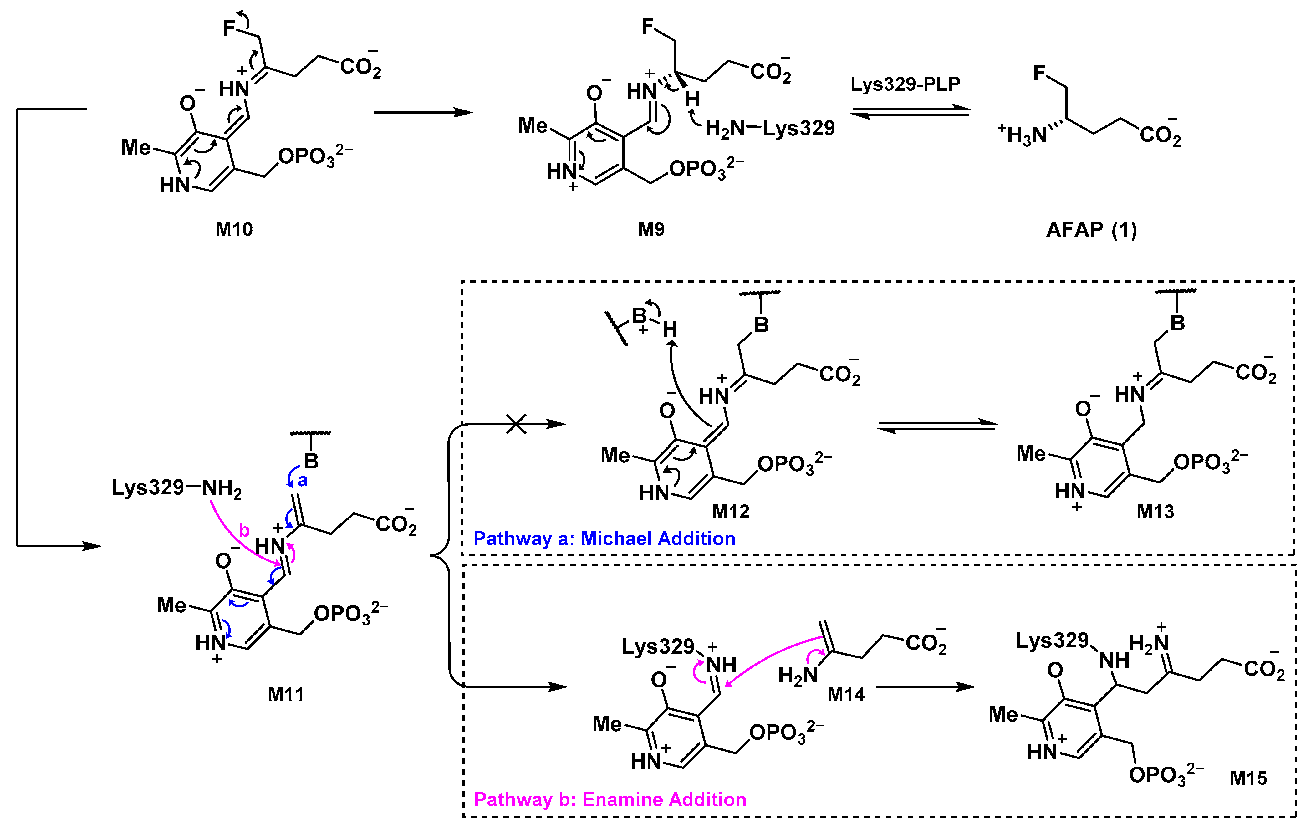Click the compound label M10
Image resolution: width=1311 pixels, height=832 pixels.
coord(234,229)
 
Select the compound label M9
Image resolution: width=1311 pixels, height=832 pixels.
coord(651,229)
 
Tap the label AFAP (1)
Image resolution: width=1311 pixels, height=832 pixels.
coord(1092,229)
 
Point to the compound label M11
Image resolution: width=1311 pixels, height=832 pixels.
coord(286,694)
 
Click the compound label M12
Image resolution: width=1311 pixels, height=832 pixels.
coord(731,511)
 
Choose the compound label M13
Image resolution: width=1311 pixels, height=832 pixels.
coord(1155,511)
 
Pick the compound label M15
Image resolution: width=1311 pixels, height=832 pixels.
coord(1248,778)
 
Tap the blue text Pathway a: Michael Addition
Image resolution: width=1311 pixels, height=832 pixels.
coord(604,539)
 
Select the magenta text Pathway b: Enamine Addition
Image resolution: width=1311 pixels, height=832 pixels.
coord(610,799)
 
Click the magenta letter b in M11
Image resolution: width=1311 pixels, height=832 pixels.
coord(244,530)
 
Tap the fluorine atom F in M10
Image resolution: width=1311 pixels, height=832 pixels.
coord(229,28)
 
